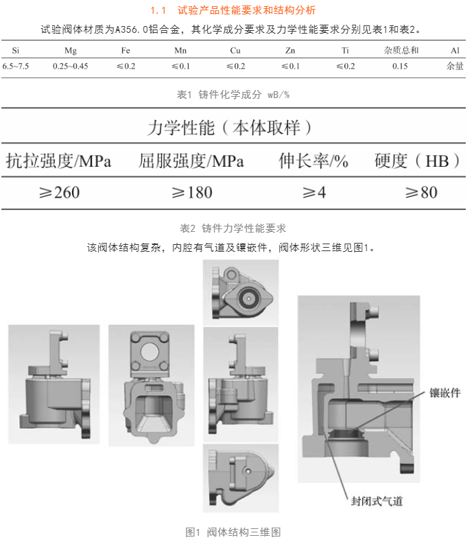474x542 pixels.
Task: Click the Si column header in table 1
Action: tap(16, 51)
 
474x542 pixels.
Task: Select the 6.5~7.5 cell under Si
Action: tap(16, 66)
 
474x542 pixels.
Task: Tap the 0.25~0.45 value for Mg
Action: tap(71, 66)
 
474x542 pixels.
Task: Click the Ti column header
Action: tap(345, 51)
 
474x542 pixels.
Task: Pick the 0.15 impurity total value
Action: tap(400, 66)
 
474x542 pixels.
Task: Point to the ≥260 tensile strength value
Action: tap(60, 193)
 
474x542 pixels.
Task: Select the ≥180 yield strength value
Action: tap(192, 193)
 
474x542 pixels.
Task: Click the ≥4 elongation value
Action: tap(314, 193)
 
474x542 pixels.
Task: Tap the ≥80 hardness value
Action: tap(421, 193)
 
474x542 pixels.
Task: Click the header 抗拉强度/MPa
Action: tap(58, 161)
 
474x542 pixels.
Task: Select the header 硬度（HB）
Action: tap(417, 161)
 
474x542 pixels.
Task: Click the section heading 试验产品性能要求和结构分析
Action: tap(247, 10)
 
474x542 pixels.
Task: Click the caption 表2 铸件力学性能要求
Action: tap(233, 228)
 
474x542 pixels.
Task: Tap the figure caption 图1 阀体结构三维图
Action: tap(233, 532)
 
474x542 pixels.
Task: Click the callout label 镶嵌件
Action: tap(445, 392)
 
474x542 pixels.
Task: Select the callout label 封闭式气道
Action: tap(377, 501)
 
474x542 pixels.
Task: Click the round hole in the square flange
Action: tap(150, 353)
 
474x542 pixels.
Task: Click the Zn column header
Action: tap(290, 51)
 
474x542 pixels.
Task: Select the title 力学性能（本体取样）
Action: tap(229, 128)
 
